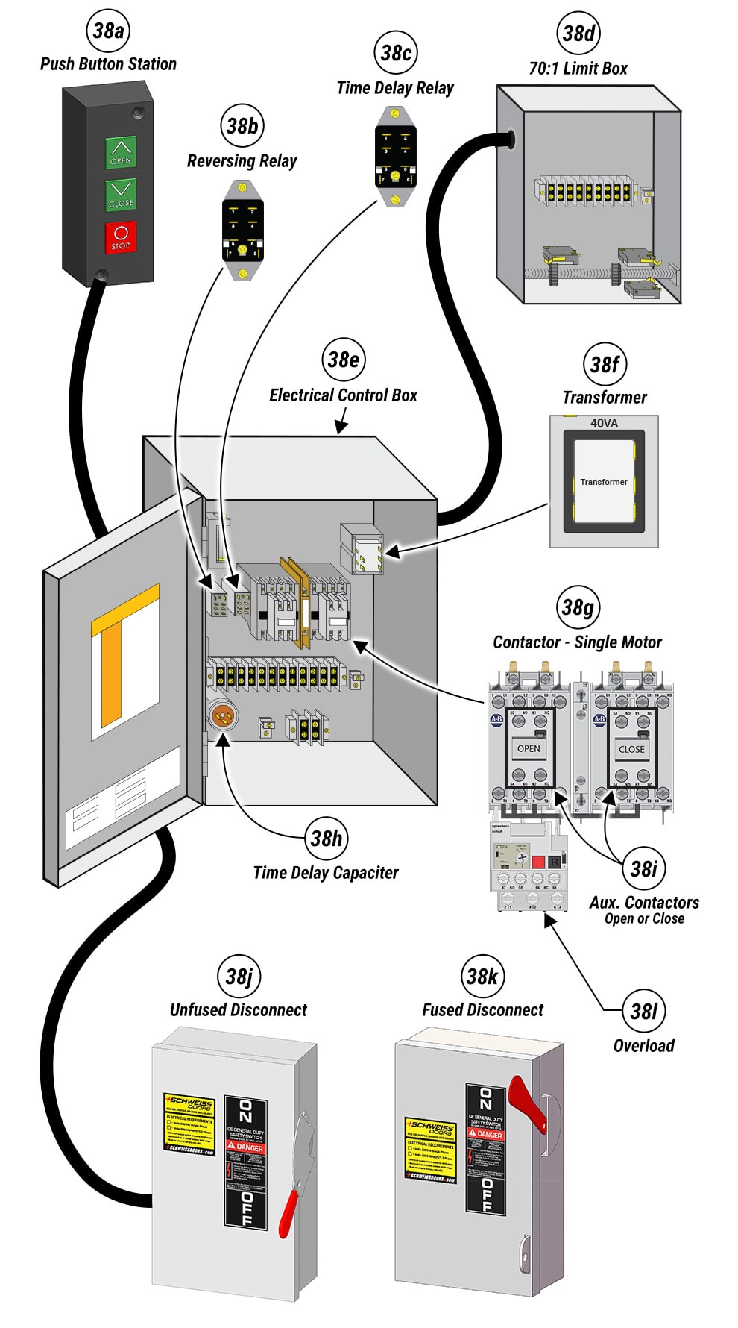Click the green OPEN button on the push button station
pos(121,152)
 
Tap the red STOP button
pos(121,238)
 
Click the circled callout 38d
pos(578,33)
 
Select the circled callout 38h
pos(326,838)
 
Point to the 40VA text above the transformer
pos(604,423)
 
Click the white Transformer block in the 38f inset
pos(604,482)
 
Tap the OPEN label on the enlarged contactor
pos(529,748)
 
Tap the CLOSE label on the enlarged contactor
pos(631,748)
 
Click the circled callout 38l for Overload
pos(643,1011)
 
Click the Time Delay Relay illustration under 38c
pos(395,157)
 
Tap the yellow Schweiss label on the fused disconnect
pos(430,1148)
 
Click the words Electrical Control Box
pos(343,395)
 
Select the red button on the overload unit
pos(537,862)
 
